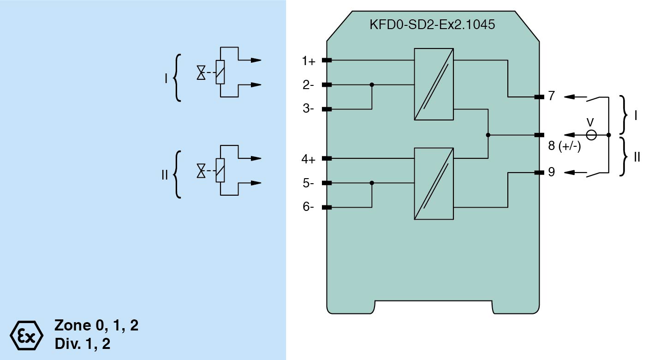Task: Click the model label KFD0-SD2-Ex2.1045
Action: coord(432,24)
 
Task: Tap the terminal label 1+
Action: coord(309,60)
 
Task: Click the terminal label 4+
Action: coord(309,160)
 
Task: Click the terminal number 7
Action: coord(552,96)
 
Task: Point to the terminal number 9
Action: coord(552,172)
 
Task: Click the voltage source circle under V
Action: coord(591,135)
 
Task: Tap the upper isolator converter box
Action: coord(434,84)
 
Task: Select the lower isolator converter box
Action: coord(434,183)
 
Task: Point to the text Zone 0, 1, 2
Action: coord(96,325)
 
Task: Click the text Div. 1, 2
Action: coord(82,344)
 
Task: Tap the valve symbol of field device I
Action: coord(201,73)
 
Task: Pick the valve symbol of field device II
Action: coord(201,171)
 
